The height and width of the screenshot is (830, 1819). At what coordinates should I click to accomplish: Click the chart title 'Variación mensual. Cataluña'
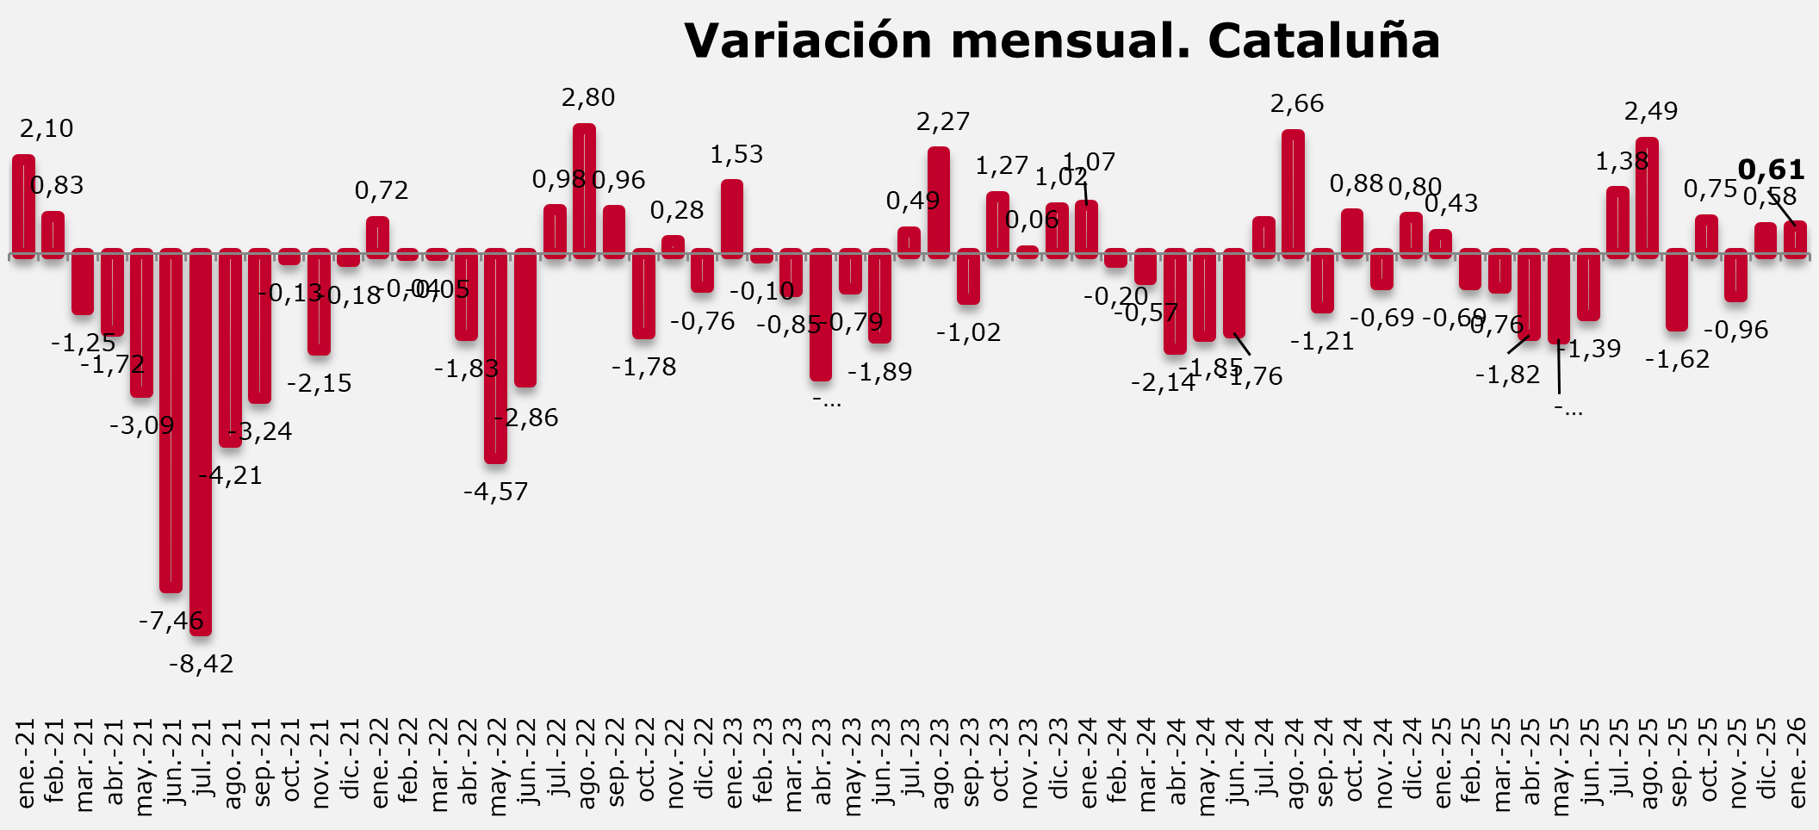pos(1062,40)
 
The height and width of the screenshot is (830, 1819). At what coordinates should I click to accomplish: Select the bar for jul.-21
pos(201,442)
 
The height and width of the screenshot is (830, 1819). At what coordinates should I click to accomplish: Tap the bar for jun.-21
pos(171,420)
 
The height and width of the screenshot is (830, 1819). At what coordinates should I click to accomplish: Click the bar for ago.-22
pos(584,190)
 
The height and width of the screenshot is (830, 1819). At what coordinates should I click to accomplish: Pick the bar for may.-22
pos(495,356)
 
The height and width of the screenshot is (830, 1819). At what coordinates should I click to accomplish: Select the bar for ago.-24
pos(1293,194)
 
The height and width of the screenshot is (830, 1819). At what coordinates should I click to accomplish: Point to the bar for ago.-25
pos(1647,197)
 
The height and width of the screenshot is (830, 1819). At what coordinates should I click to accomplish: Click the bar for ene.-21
pos(23,206)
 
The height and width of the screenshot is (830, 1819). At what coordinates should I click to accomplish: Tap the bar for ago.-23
pos(939,202)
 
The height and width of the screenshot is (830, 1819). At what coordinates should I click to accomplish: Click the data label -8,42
pos(201,664)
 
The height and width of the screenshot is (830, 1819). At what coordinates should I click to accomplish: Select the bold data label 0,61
pos(1771,170)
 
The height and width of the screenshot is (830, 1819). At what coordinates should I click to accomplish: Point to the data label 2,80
pos(588,98)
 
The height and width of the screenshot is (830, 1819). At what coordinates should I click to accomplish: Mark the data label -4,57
pos(495,492)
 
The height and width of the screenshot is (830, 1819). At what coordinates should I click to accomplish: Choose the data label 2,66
pos(1297,104)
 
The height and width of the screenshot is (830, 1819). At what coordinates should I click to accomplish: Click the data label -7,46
pos(171,620)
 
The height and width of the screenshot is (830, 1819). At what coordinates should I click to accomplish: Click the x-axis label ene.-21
pos(25,763)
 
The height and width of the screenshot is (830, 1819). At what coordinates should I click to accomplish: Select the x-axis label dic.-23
pos(1058,763)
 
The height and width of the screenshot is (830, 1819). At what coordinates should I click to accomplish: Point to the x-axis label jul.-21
pos(202,763)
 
